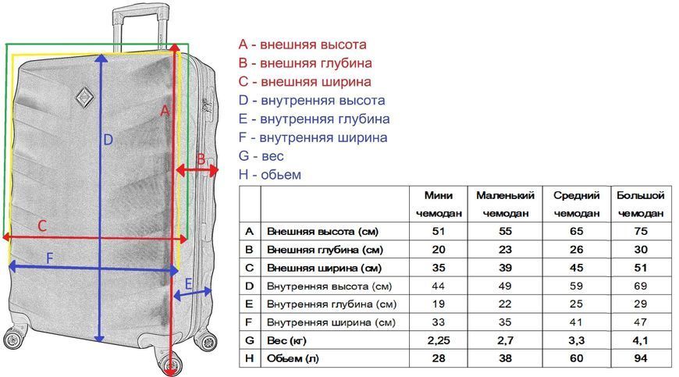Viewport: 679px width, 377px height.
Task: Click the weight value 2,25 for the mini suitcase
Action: tap(439, 340)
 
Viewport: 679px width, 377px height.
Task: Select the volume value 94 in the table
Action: tap(641, 358)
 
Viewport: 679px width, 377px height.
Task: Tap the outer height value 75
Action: tap(641, 231)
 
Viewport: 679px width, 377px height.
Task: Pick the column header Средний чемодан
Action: tap(577, 205)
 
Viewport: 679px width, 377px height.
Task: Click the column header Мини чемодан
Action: tap(439, 205)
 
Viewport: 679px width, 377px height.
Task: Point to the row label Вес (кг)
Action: tap(286, 340)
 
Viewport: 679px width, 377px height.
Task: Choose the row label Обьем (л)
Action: tap(293, 359)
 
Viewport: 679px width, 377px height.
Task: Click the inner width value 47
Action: tap(641, 322)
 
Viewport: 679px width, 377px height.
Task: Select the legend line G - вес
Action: tap(261, 156)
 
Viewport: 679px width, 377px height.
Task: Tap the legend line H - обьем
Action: tap(270, 174)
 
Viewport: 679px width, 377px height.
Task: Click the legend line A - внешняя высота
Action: tap(302, 44)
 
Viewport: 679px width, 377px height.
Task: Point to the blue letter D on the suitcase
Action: tap(108, 140)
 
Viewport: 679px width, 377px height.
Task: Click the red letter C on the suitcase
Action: tap(42, 226)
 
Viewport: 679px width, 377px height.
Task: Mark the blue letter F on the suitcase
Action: tap(49, 258)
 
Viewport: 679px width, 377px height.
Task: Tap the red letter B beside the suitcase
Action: tap(201, 159)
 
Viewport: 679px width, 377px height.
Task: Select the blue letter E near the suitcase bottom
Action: tap(188, 284)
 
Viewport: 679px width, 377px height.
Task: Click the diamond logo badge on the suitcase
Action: tap(84, 97)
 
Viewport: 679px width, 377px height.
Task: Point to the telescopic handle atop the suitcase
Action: tap(140, 27)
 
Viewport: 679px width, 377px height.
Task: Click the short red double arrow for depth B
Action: tap(197, 170)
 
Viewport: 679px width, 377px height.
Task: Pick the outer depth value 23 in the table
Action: tap(506, 249)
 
